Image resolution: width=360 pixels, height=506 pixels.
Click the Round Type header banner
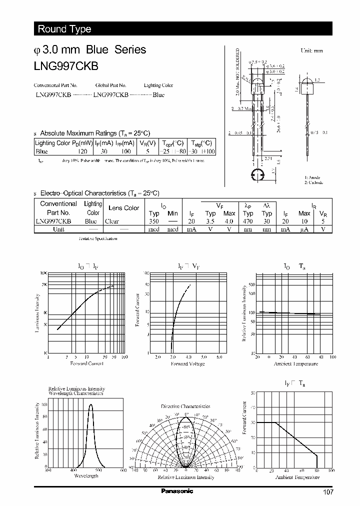(x=64, y=29)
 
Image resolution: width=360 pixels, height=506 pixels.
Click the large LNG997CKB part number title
(x=66, y=66)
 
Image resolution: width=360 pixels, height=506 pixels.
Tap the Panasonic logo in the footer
(x=177, y=491)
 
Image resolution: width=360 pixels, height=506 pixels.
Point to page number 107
(x=328, y=492)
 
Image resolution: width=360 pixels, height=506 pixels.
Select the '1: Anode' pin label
(x=312, y=177)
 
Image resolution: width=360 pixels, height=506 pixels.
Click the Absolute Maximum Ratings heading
(x=94, y=133)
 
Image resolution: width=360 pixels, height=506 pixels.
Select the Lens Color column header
(x=123, y=208)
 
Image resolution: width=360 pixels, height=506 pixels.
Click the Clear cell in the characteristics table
(x=112, y=221)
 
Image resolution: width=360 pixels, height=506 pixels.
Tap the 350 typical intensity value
(x=153, y=221)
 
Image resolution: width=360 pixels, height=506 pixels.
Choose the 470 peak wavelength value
(x=248, y=221)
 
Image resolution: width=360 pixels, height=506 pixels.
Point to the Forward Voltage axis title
(x=188, y=363)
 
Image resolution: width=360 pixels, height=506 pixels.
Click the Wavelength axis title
(x=85, y=475)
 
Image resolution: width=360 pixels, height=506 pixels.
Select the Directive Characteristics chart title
(x=185, y=406)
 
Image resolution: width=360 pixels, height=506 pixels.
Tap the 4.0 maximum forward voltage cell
(x=229, y=221)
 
